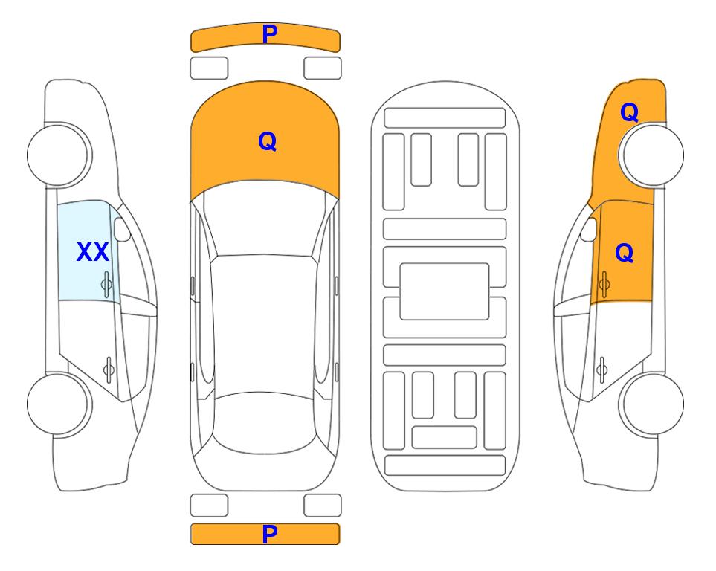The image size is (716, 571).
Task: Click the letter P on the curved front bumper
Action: click(x=269, y=33)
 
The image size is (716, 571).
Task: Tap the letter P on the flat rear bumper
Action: click(x=269, y=534)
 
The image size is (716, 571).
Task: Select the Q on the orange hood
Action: click(x=268, y=141)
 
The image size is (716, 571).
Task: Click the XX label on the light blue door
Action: click(x=93, y=252)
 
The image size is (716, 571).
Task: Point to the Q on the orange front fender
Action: click(x=629, y=112)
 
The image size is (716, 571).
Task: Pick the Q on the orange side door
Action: click(x=625, y=253)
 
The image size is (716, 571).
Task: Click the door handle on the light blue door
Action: click(x=106, y=284)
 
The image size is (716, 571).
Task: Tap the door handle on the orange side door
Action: click(x=604, y=284)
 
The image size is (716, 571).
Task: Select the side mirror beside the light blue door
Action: click(x=122, y=229)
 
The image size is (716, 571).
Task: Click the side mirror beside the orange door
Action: click(x=588, y=229)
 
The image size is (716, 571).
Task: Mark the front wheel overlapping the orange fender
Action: click(x=651, y=155)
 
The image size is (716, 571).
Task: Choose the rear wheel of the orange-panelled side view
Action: click(x=651, y=404)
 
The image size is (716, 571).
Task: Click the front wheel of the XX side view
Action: click(x=59, y=155)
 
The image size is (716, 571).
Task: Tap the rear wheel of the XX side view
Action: click(x=59, y=404)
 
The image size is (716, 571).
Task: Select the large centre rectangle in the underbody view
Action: click(x=445, y=291)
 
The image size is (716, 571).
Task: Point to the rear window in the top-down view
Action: click(x=265, y=422)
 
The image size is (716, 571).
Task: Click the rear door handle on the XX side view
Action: click(x=109, y=369)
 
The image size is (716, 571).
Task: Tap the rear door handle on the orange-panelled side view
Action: click(x=601, y=369)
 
